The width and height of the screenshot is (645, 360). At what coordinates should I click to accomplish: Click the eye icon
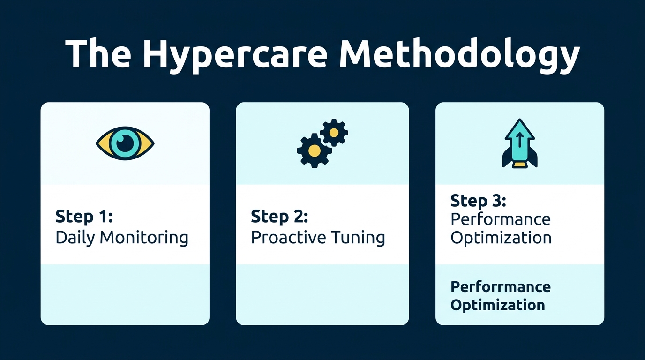[125, 143]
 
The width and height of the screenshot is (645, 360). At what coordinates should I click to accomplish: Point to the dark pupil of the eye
[125, 143]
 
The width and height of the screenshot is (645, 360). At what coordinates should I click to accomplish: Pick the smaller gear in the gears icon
[334, 133]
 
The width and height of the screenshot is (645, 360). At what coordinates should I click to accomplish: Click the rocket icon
[520, 143]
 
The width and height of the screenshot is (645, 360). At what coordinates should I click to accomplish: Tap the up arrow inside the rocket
[520, 141]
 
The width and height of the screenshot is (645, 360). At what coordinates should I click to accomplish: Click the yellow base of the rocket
[520, 165]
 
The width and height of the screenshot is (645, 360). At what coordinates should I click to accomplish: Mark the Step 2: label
[279, 217]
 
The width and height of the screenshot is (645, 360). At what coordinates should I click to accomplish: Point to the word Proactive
[281, 238]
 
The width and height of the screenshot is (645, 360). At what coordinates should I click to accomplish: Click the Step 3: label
[478, 201]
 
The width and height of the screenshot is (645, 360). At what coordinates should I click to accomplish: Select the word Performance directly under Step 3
[500, 219]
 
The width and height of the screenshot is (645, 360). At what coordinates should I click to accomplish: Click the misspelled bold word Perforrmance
[500, 286]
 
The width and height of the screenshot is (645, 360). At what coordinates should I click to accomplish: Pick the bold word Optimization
[497, 305]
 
